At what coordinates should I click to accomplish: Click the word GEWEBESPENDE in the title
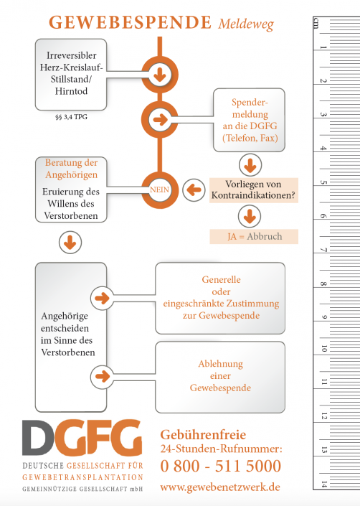click(x=130, y=22)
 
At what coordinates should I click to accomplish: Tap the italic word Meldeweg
click(x=246, y=24)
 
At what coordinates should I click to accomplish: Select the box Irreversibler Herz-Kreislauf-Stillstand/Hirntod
click(x=71, y=75)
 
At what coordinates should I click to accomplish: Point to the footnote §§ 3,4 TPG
click(x=71, y=117)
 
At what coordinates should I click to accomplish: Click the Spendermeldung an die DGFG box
click(x=249, y=120)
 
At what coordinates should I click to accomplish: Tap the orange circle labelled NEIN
click(x=159, y=189)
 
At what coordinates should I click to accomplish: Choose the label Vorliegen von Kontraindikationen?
click(x=254, y=190)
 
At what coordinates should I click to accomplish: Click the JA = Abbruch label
click(x=254, y=237)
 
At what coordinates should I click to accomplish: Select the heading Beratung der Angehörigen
click(x=71, y=169)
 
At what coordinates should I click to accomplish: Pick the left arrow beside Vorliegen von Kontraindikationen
click(x=194, y=190)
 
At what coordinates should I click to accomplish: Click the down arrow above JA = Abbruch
click(x=250, y=216)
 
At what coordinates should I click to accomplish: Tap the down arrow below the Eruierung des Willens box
click(x=70, y=243)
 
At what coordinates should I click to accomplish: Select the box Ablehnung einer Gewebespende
click(x=220, y=378)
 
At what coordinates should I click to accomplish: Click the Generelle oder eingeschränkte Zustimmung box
click(x=220, y=298)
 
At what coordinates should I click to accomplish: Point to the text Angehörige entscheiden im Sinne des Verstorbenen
click(x=67, y=334)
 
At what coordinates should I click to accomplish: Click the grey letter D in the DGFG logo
click(x=38, y=438)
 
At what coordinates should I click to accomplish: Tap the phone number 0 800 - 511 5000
click(x=221, y=467)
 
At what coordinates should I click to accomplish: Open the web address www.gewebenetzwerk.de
click(x=220, y=487)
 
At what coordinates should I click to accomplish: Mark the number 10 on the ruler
click(x=324, y=349)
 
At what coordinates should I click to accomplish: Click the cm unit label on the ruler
click(x=316, y=23)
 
